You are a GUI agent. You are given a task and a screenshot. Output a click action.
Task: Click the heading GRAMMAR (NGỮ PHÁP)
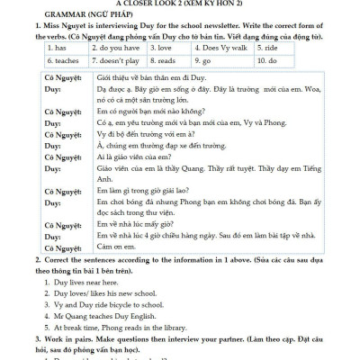[x=57, y=15]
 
